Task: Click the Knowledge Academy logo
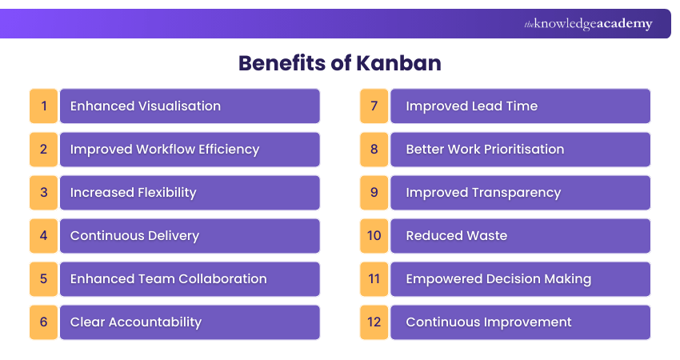tap(588, 24)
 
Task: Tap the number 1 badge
tap(44, 106)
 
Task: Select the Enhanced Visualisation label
tap(145, 106)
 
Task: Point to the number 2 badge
tap(44, 150)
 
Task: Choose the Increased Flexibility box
tap(190, 193)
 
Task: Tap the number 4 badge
tap(44, 236)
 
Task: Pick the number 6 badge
tap(44, 322)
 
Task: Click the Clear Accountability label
tap(135, 322)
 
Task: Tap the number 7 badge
tap(374, 106)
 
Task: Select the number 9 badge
tap(374, 193)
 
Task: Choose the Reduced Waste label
tap(456, 236)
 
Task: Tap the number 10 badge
tap(374, 236)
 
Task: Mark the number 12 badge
tap(374, 322)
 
